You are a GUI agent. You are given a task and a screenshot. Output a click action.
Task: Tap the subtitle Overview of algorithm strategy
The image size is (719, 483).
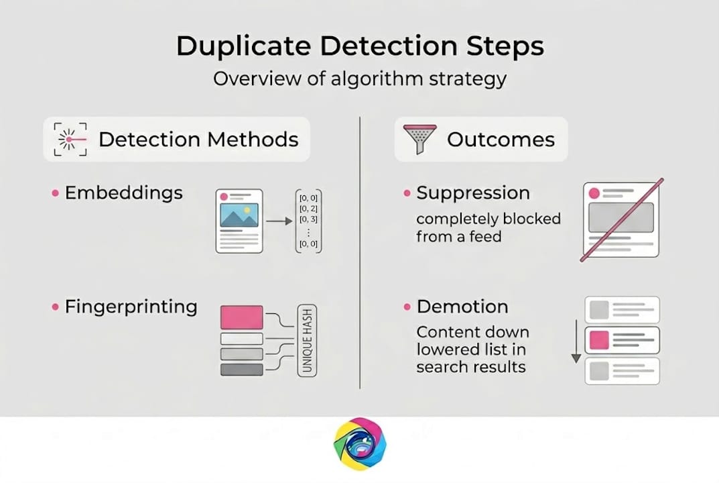359,78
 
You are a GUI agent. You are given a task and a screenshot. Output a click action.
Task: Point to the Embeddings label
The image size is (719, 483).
123,193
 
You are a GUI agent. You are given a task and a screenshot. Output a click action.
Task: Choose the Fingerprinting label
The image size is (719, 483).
131,307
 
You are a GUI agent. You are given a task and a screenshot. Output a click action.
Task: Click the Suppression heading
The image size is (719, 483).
472,193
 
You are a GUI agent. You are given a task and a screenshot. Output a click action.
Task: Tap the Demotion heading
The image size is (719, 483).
462,307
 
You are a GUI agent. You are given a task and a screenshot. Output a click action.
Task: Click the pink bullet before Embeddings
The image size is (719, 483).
56,194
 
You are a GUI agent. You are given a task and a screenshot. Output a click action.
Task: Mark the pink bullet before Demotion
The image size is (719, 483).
407,307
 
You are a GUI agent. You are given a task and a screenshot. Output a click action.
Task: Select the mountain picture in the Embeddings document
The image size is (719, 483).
239,216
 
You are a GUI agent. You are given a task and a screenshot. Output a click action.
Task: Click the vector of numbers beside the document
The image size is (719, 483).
309,221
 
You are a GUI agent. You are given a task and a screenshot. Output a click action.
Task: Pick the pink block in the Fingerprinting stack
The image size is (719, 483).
241,317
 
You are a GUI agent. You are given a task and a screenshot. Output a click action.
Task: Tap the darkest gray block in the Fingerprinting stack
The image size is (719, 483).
241,368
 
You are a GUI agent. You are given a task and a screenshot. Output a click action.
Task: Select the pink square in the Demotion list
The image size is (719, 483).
598,340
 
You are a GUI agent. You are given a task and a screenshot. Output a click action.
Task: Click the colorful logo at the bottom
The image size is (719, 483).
360,445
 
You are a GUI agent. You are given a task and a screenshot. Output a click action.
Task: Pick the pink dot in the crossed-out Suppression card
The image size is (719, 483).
593,193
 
